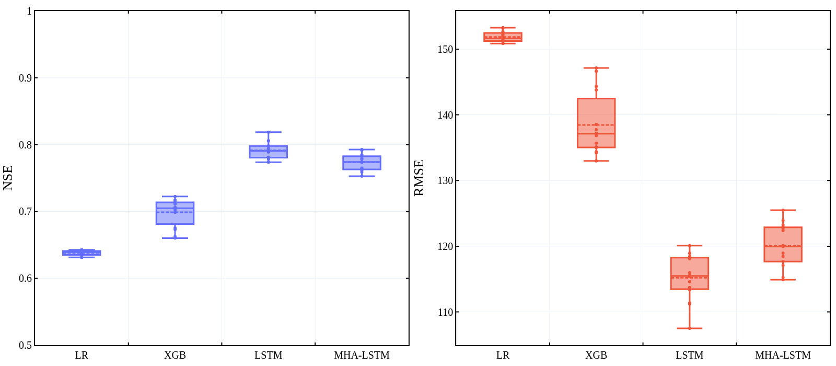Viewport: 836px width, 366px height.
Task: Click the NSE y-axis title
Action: tap(8, 178)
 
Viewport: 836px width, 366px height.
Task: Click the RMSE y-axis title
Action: tap(419, 178)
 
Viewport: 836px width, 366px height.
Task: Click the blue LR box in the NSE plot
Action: tap(82, 253)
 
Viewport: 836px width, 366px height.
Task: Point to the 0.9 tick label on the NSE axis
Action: tap(25, 78)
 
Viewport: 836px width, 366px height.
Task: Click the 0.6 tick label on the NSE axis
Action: tap(25, 278)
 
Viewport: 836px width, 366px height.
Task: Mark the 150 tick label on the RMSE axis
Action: tap(445, 49)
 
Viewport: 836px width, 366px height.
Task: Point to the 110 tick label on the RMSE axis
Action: tap(445, 312)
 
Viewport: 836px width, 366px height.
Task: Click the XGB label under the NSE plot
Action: tap(175, 356)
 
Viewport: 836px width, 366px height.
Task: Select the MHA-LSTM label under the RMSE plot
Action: tap(783, 356)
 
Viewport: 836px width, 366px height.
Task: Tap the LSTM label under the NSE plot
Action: tap(269, 356)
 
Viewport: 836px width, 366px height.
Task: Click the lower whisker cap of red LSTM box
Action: tap(690, 328)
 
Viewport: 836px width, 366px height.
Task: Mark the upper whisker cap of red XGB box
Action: tap(596, 68)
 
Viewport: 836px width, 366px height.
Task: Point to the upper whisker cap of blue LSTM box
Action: tap(269, 132)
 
